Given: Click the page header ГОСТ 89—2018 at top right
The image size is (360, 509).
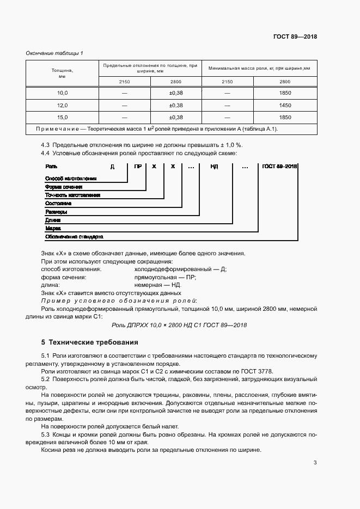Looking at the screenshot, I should tap(295, 37).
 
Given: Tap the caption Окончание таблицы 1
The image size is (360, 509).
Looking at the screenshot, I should tap(54, 53).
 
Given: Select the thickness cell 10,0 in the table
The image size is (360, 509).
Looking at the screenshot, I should tap(62, 93).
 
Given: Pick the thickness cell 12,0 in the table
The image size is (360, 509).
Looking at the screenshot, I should tap(62, 105).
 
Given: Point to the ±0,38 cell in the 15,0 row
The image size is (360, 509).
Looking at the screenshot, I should tap(176, 117).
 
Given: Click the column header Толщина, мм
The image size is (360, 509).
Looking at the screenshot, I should tap(62, 73).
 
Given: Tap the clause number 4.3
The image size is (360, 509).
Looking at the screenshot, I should tap(46, 145).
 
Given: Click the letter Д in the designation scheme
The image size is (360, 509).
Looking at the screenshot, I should tap(112, 167).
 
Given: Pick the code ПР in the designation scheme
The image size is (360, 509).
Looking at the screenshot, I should tap(138, 167).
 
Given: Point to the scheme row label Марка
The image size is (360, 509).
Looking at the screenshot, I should tap(53, 229).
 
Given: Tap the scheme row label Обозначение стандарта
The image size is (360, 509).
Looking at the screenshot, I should tap(74, 237).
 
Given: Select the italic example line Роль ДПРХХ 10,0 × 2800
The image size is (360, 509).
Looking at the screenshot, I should tap(179, 325).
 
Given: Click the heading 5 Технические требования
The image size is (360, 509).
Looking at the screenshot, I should tap(89, 343).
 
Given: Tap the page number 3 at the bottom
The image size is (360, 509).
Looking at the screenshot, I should tap(315, 463).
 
